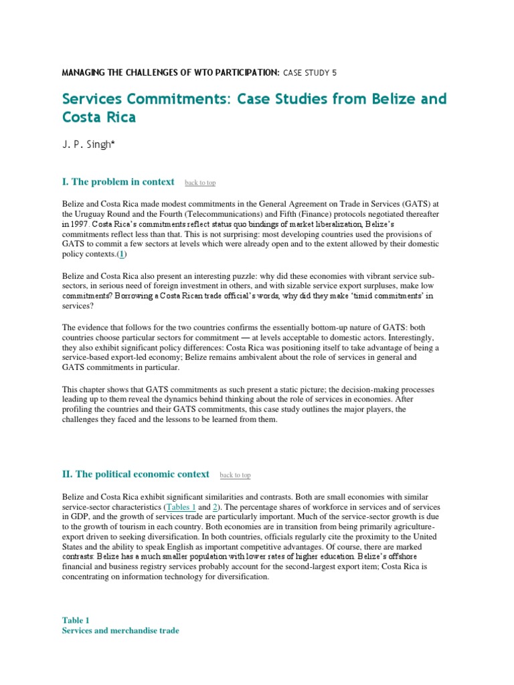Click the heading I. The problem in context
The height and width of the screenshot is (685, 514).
click(118, 182)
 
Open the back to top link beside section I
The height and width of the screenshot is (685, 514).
click(200, 183)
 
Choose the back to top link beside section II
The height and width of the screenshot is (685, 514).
click(235, 475)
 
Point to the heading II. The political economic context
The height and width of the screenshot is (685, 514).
click(136, 474)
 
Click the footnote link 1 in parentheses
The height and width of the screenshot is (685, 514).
click(123, 255)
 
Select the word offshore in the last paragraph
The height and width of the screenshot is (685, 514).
click(434, 556)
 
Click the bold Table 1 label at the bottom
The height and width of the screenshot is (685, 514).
click(76, 620)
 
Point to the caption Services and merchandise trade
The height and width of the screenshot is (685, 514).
click(120, 630)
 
